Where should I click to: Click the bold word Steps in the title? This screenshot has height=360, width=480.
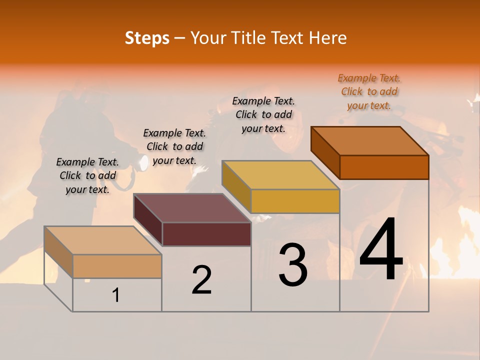pos(147,38)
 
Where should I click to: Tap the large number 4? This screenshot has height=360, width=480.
pos(381,250)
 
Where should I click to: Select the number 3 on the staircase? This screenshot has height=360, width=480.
pos(293,265)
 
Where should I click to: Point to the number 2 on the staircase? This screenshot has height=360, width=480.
pos(202,279)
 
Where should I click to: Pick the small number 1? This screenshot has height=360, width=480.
pos(116,295)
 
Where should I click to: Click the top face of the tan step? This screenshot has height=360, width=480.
pos(103,240)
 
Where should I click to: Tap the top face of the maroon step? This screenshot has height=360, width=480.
pos(192,208)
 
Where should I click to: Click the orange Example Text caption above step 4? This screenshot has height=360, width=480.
pos(369,91)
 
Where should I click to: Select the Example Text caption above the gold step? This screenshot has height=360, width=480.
pos(263,114)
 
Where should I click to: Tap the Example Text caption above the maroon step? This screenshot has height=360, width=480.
pos(174,146)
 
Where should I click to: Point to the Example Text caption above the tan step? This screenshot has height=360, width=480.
pos(87,175)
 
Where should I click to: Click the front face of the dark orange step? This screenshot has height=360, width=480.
pos(384,167)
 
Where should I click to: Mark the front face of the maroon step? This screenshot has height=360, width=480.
pos(206,234)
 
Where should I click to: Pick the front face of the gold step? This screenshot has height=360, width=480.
pos(295,201)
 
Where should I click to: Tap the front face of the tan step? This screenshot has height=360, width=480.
pos(117,266)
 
